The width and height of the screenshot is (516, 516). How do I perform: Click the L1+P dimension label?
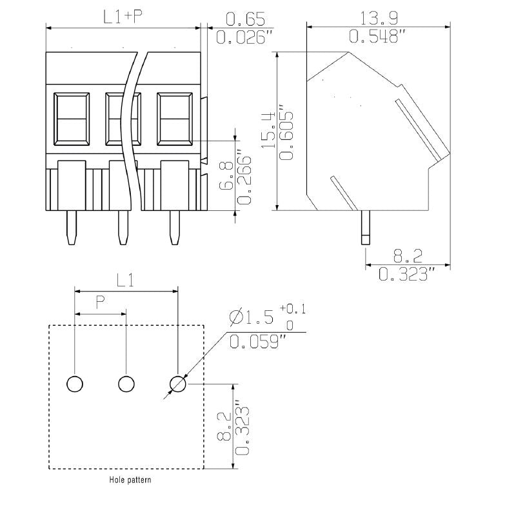[x=123, y=17]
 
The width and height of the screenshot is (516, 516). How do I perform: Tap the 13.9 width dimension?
[x=379, y=17]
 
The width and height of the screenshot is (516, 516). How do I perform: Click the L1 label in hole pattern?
[x=125, y=280]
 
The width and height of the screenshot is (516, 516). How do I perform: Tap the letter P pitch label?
[x=100, y=301]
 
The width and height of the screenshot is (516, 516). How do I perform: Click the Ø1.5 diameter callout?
[x=252, y=317]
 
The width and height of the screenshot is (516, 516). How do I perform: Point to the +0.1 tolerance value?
[x=293, y=310]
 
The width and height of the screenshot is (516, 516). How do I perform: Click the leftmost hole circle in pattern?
[x=75, y=384]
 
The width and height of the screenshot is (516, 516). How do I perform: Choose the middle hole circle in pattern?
[x=126, y=384]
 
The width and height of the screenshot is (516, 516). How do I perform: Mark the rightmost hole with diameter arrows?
[x=177, y=384]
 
